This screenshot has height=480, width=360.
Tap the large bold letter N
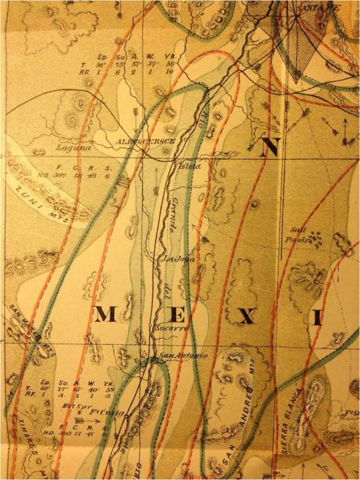click(x=269, y=147)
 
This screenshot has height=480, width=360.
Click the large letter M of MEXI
click(x=105, y=315)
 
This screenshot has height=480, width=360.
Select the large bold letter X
click(x=245, y=316)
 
